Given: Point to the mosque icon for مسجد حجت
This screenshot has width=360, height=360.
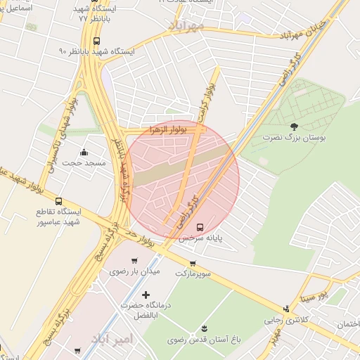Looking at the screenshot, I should coord(84,152).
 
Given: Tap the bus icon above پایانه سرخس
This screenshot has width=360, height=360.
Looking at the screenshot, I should coord(201,227).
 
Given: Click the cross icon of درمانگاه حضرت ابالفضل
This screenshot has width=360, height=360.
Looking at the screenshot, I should coord(146,295).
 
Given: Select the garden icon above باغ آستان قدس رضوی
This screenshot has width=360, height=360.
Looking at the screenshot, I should coord(205,329).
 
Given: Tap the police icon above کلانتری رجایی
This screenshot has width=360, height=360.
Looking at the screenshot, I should coord(286,309).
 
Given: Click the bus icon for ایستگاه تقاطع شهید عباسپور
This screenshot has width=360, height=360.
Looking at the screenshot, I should coord(58,201).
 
